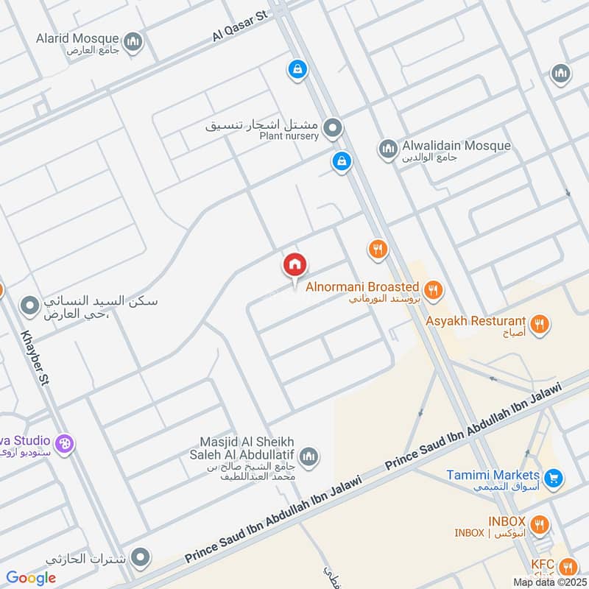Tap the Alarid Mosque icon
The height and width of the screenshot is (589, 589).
point(133,43)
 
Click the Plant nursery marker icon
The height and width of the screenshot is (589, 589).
point(334,129)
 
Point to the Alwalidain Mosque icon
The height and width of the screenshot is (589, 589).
point(387,150)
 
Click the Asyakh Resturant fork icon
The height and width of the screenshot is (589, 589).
point(540,322)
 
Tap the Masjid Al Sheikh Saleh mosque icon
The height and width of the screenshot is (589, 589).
point(310,456)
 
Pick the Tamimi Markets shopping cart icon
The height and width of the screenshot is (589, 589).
point(554,479)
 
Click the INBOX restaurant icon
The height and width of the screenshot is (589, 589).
point(540,526)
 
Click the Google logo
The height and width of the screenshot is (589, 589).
point(31,578)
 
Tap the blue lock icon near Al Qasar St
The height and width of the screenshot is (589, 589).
point(297,70)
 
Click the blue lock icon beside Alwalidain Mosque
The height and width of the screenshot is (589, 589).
point(341,162)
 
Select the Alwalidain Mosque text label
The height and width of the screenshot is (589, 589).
point(456,146)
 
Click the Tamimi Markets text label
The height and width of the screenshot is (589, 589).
point(493,475)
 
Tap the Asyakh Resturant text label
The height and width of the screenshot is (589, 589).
point(476,322)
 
